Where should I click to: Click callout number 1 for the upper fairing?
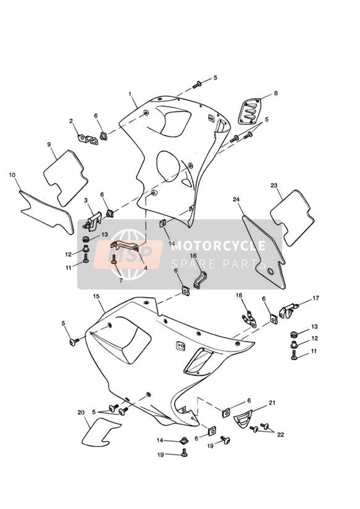point(130,94)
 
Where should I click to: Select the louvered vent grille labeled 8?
point(249,111)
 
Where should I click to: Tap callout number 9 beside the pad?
point(49,144)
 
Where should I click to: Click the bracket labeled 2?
point(88,139)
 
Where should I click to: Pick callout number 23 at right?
point(274,185)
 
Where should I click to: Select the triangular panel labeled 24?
point(264,251)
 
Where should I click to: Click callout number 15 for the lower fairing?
point(96,297)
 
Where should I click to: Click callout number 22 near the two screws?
point(280,434)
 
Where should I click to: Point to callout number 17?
point(316,298)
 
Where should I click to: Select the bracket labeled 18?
point(249,319)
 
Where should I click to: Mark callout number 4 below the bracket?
point(146,268)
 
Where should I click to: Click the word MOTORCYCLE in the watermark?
point(219,245)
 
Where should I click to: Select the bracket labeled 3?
point(93,221)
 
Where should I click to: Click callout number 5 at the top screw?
point(216,78)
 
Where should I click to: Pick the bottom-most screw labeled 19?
point(184,452)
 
